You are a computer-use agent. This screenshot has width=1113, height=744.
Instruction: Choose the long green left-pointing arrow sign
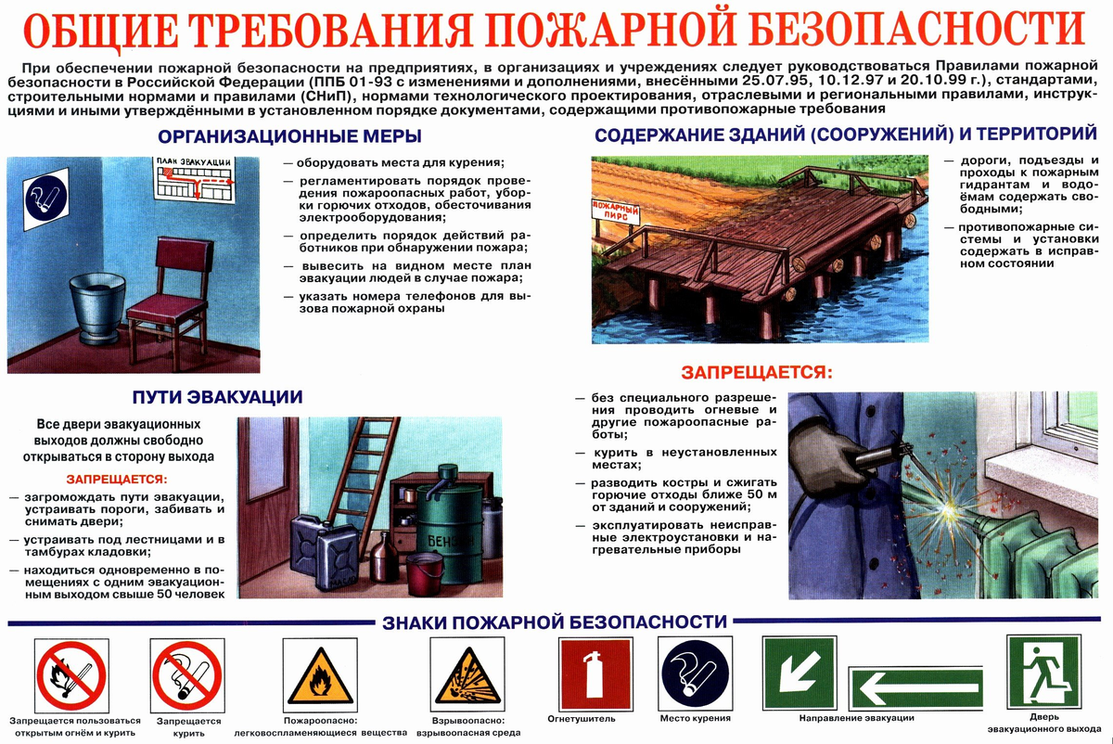pos(916,688)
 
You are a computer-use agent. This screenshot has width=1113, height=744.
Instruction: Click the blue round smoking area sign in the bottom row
pos(695,673)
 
